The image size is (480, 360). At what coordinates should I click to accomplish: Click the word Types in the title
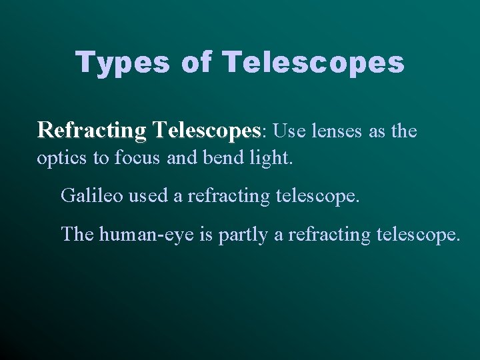point(125,63)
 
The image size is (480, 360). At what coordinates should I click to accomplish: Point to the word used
point(147,196)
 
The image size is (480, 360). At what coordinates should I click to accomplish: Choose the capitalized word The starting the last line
point(77,235)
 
